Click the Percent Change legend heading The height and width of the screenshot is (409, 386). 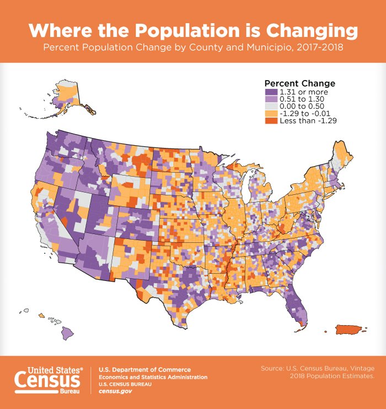click(x=300, y=83)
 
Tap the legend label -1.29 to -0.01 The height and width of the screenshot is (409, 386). click(x=306, y=113)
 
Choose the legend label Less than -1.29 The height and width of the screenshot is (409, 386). click(x=308, y=120)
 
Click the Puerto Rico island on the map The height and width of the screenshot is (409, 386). click(x=350, y=330)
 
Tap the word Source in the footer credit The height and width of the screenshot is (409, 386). click(x=272, y=368)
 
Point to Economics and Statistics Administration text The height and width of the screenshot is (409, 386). click(x=153, y=377)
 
